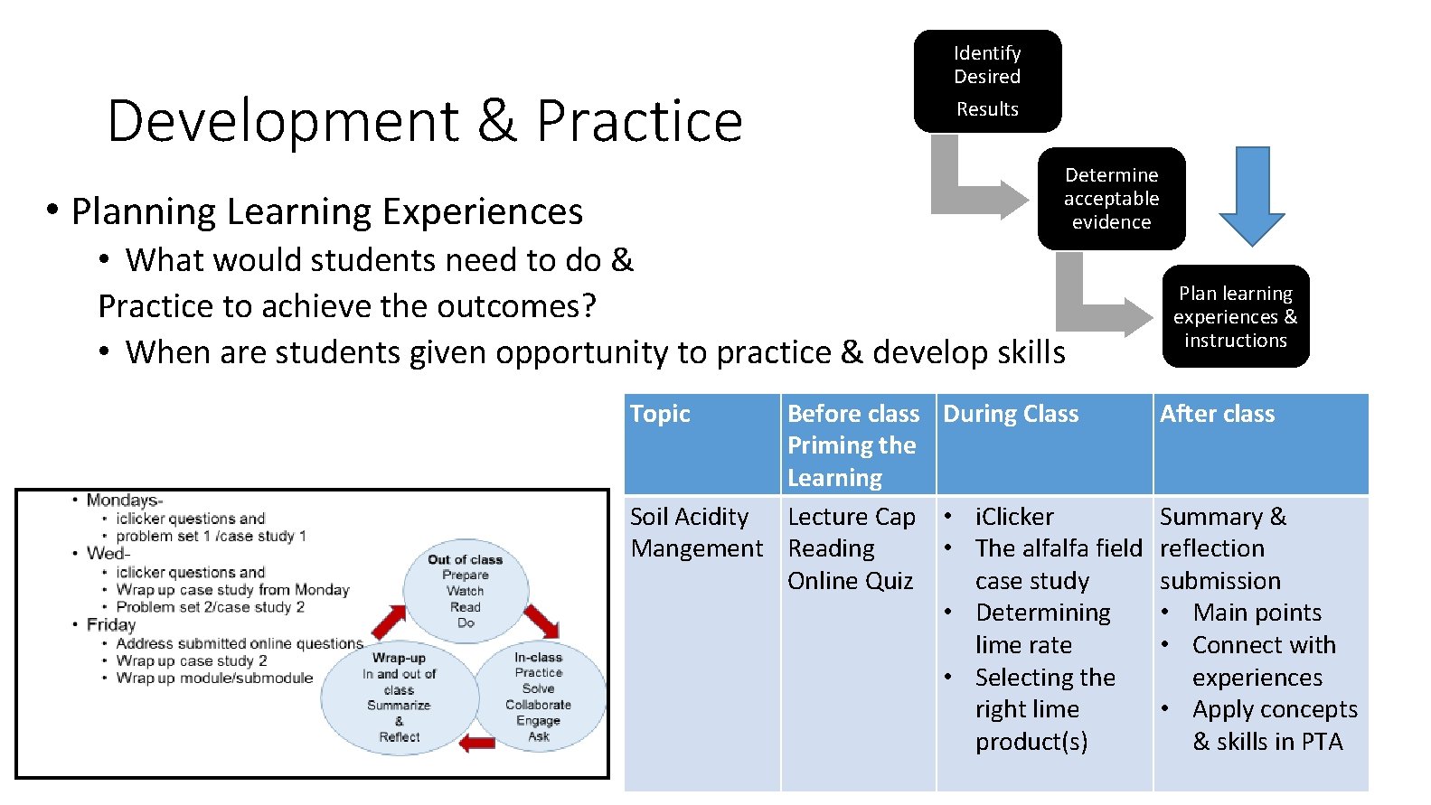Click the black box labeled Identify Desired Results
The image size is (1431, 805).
[987, 81]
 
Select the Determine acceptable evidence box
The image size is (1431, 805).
[1111, 199]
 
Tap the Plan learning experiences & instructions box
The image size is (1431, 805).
[1235, 316]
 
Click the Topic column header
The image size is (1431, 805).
[660, 414]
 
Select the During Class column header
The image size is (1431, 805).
[1011, 414]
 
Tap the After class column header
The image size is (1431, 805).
[1217, 414]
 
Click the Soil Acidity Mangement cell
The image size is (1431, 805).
[696, 532]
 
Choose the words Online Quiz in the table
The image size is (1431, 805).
[850, 581]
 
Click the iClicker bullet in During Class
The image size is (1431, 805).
[1013, 517]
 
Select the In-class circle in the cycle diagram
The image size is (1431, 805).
[539, 697]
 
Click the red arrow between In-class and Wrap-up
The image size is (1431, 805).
[476, 744]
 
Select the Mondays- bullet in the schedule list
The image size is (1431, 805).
[124, 501]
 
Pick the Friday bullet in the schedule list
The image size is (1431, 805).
[110, 624]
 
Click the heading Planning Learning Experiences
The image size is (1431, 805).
[326, 211]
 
